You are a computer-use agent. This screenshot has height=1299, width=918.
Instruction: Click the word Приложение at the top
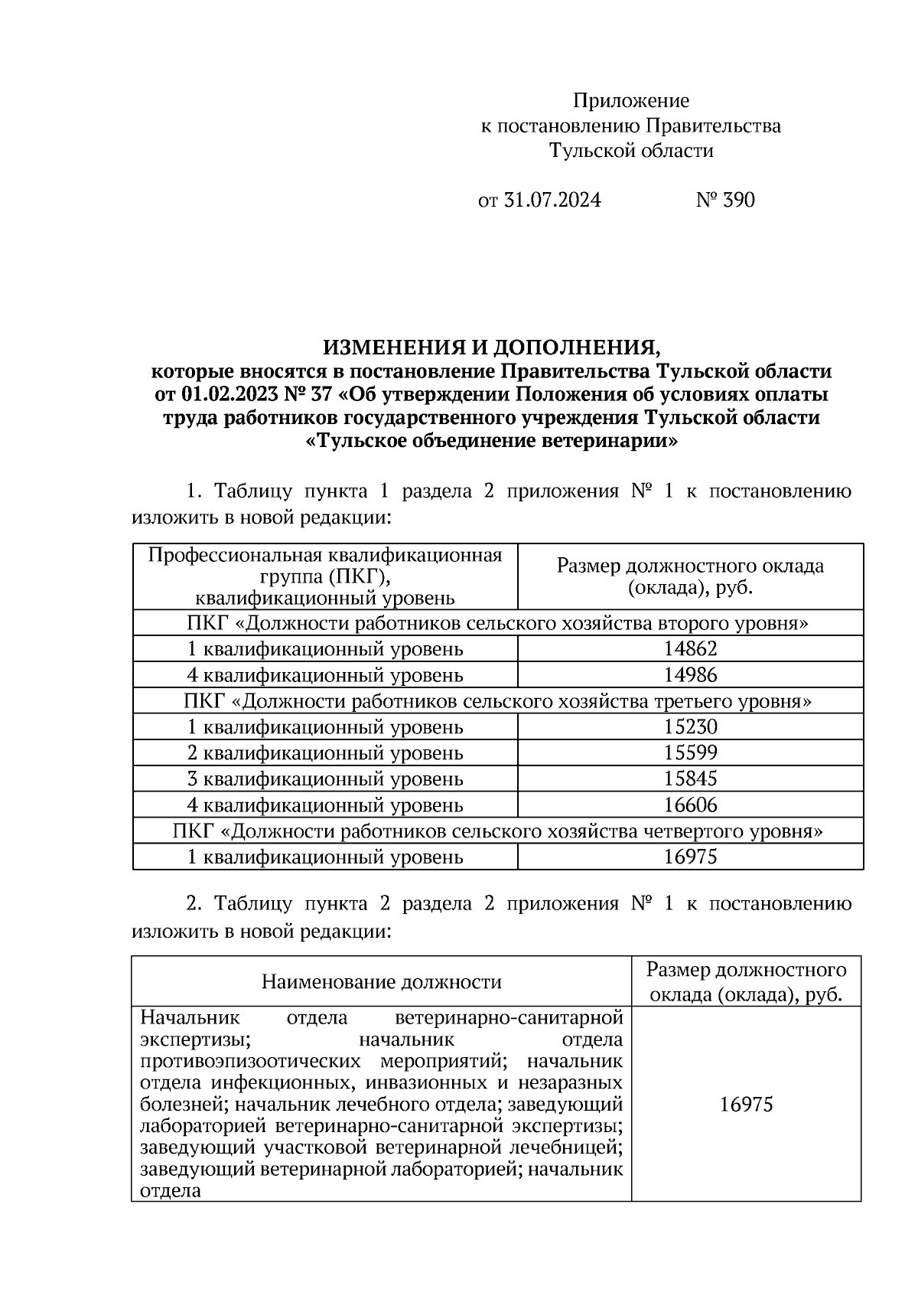(x=631, y=101)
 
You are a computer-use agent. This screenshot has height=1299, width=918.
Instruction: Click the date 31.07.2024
(x=551, y=201)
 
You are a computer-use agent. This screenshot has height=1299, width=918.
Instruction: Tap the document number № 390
(x=724, y=201)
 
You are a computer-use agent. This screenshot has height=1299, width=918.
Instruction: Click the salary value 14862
(x=690, y=650)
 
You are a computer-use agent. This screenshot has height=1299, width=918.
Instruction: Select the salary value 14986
(x=690, y=676)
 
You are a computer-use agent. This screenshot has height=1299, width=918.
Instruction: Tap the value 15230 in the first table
(x=690, y=727)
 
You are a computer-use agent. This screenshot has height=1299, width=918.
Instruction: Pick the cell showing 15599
(x=690, y=753)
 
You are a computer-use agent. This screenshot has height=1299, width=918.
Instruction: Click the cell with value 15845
(x=690, y=779)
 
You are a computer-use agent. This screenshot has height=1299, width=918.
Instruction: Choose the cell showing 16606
(x=690, y=805)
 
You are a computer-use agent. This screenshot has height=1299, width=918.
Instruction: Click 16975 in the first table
(x=690, y=857)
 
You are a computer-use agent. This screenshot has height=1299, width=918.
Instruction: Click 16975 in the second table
(x=746, y=1105)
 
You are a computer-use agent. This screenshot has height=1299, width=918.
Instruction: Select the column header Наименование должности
(x=381, y=982)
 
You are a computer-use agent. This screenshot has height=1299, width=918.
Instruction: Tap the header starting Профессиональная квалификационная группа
(x=325, y=576)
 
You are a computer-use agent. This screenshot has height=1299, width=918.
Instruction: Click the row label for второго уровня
(x=498, y=624)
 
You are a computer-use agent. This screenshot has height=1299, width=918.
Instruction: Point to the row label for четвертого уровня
(x=498, y=831)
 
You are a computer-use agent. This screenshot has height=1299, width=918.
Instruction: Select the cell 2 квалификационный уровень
(x=325, y=753)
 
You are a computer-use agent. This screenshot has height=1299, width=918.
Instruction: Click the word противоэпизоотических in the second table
(x=250, y=1062)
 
